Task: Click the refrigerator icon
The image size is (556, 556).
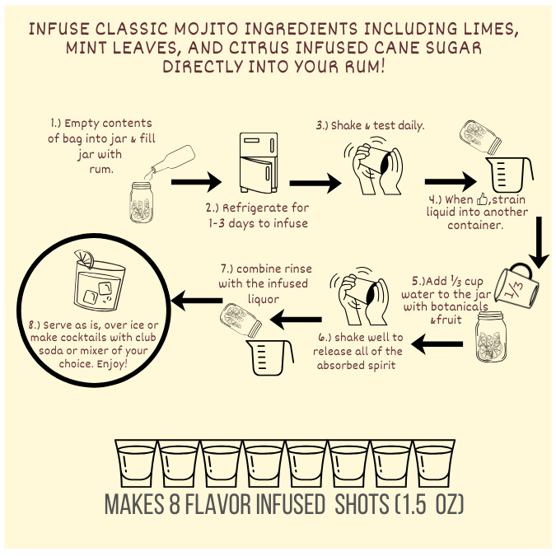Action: [259, 162]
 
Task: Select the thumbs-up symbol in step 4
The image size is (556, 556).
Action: [482, 199]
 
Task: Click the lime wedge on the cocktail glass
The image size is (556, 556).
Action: [84, 258]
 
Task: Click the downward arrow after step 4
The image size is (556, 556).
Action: [539, 242]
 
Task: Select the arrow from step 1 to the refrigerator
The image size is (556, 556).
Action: [196, 182]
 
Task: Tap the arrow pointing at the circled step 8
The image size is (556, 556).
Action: [196, 301]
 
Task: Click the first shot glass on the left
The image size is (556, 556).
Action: [136, 463]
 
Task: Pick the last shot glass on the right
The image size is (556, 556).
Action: [434, 463]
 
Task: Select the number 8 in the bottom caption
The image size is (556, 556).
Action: [175, 503]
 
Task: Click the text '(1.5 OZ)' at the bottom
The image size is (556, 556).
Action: [429, 503]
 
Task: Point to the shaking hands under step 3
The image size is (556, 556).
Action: [373, 166]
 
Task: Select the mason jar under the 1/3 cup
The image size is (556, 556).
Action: [491, 337]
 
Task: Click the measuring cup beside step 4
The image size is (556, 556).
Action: [509, 175]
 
